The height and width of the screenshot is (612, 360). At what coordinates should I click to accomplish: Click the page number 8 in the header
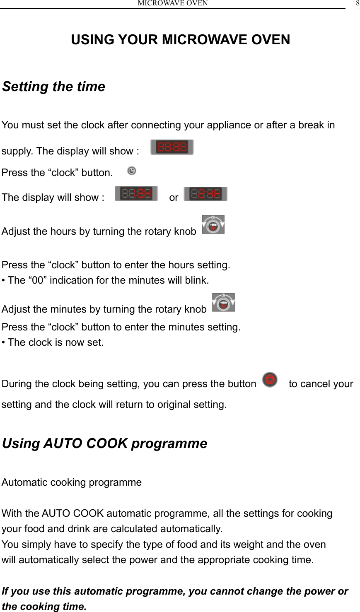358,3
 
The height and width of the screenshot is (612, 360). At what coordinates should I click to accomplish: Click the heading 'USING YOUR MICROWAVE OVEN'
180,40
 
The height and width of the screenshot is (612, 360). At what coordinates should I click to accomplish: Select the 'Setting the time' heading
53,87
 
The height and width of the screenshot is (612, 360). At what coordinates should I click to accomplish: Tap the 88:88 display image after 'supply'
172,147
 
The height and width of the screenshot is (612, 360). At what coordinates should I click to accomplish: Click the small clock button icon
132,171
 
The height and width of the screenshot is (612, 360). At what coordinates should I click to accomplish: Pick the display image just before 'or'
136,193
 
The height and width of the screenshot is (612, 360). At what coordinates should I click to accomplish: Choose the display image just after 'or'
206,194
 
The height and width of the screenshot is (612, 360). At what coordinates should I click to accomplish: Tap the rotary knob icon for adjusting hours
213,225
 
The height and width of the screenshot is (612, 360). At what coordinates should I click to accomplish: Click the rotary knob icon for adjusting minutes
223,303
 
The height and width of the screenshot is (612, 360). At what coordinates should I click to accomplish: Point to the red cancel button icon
270,380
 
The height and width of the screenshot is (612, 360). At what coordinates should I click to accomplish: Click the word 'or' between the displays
174,198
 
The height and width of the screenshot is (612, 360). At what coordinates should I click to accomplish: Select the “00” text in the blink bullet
37,280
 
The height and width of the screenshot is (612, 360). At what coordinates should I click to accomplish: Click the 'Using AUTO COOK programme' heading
104,443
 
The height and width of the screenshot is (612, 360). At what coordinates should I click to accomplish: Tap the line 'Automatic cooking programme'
72,482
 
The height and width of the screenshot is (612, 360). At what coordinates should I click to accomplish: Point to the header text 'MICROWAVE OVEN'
173,3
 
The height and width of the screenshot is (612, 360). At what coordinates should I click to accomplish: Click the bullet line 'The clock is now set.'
56,342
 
